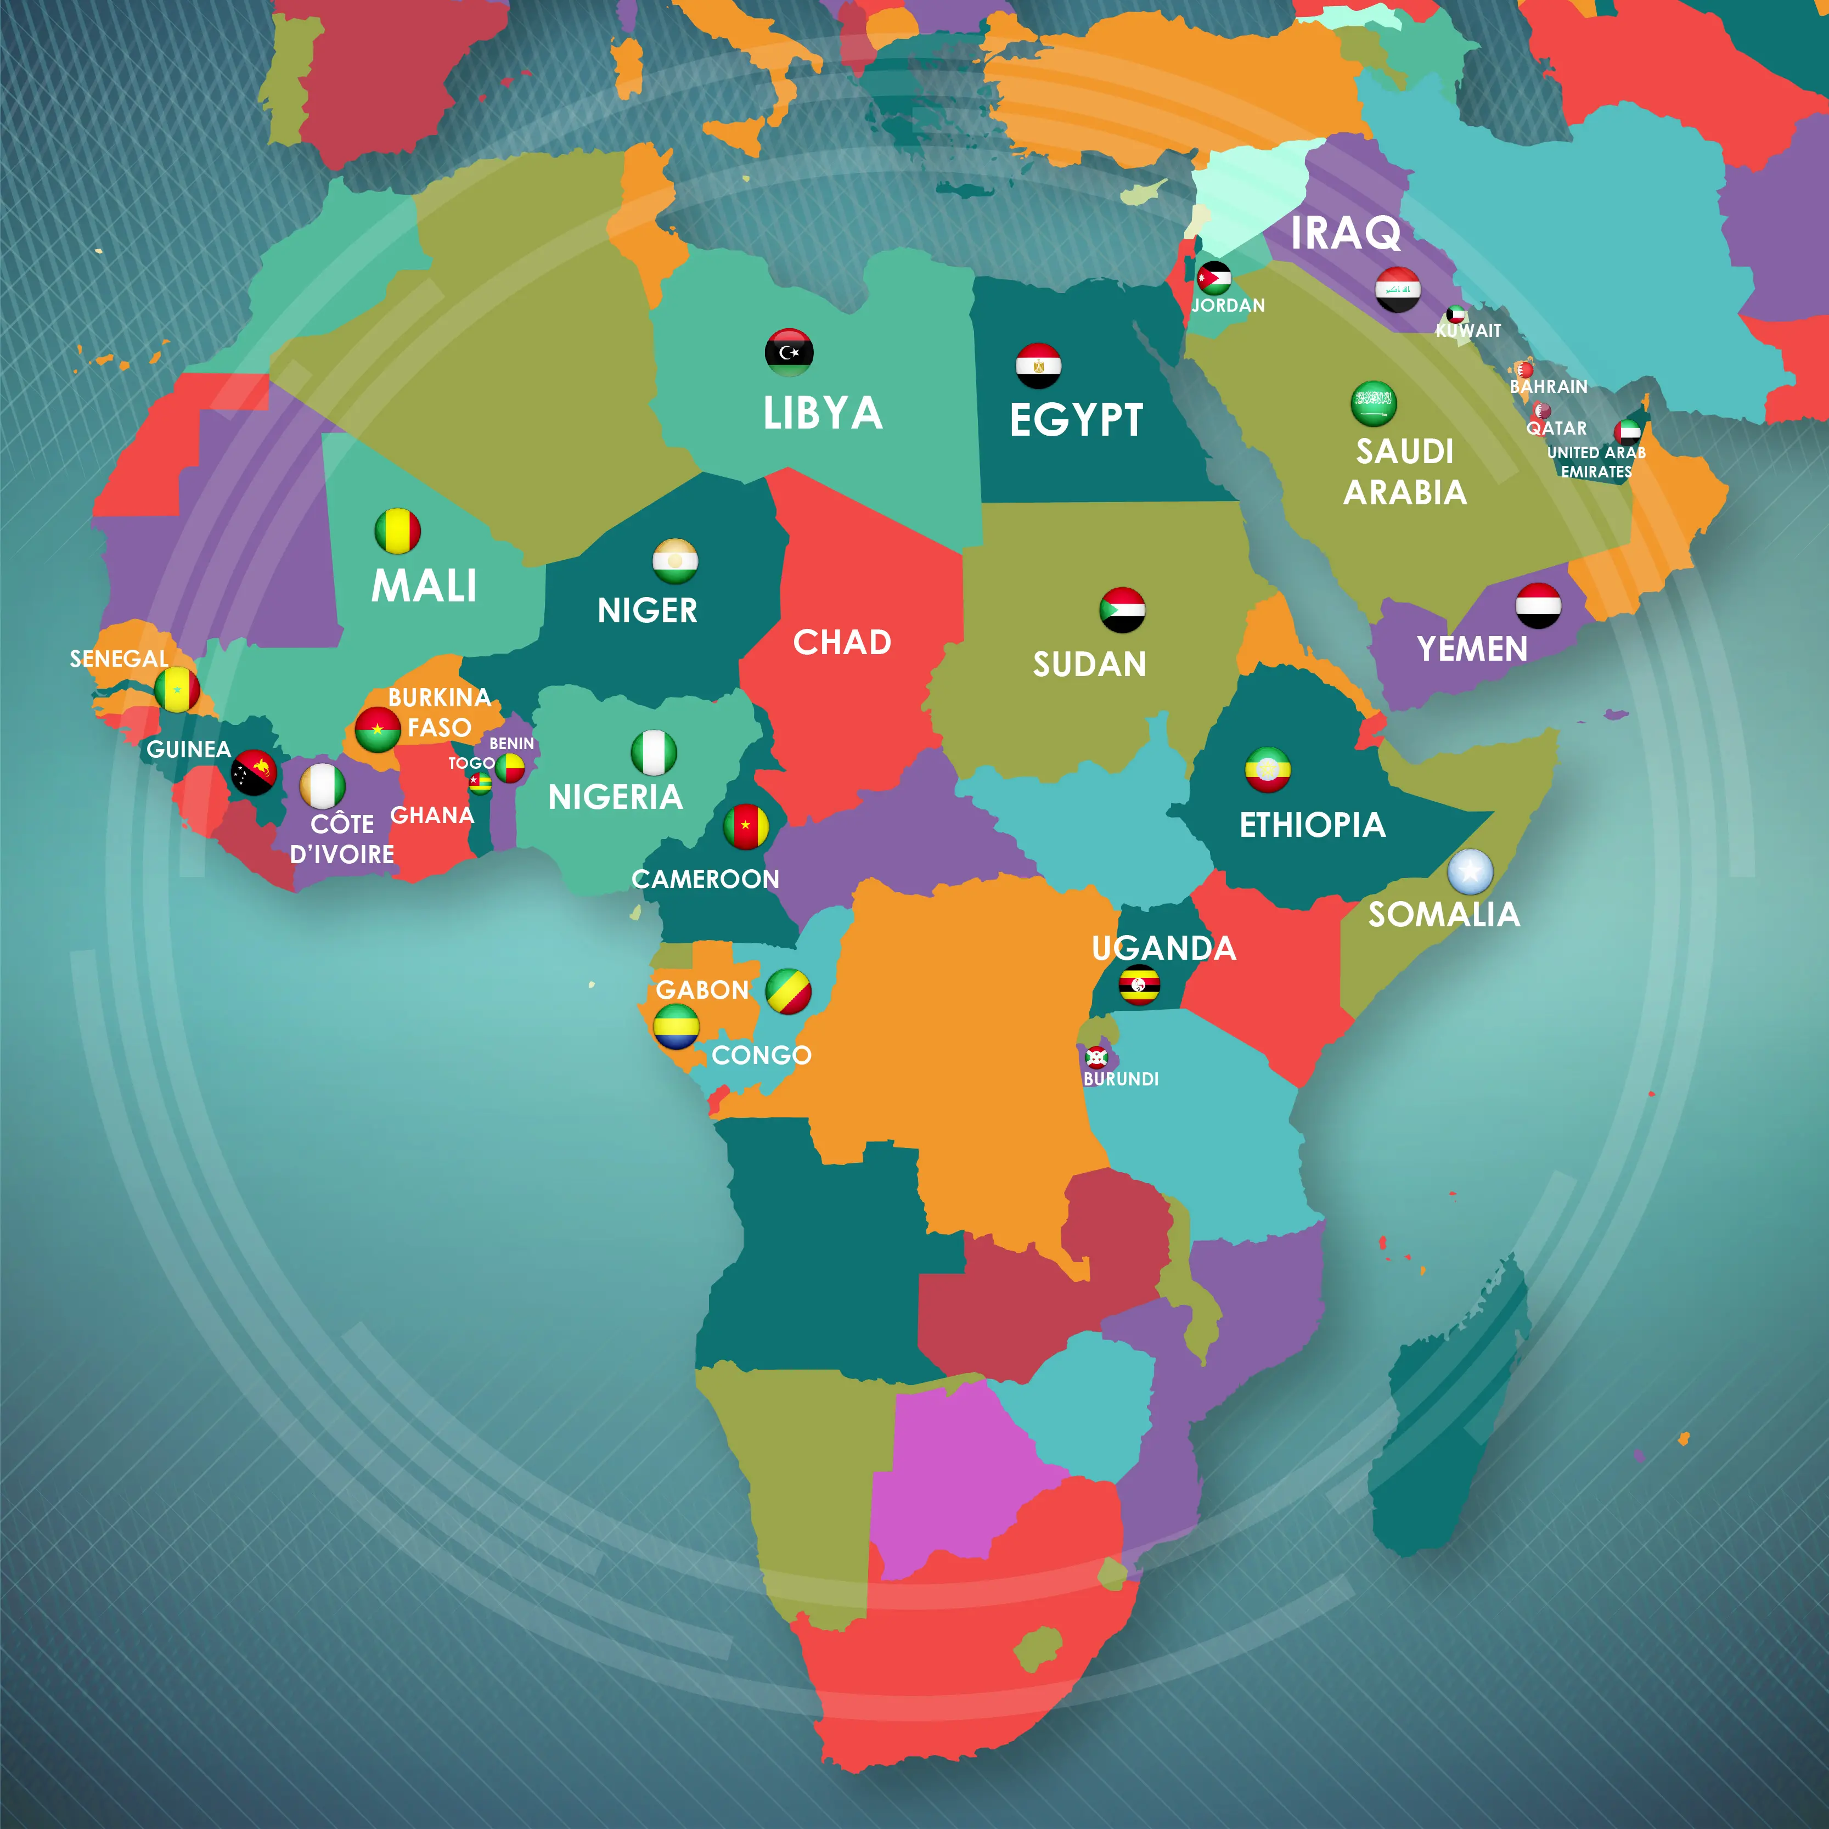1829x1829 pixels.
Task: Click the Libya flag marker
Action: coord(789,352)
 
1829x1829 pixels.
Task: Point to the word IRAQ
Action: coord(1345,233)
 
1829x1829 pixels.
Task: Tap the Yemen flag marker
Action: coord(1538,606)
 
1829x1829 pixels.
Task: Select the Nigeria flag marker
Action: coord(653,752)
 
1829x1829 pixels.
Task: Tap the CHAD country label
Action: coord(842,643)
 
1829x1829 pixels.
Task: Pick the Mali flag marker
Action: coord(398,531)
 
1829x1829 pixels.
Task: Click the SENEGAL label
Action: coord(119,659)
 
